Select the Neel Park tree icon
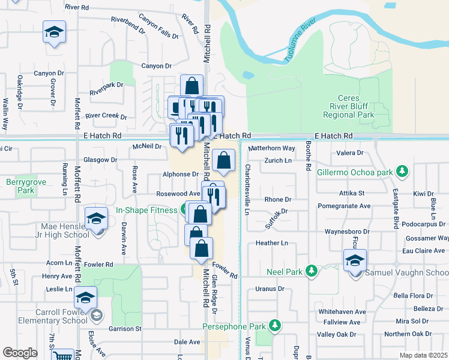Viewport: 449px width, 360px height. [x=311, y=271]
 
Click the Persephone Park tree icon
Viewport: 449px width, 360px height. [x=275, y=326]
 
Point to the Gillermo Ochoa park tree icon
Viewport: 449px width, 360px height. [x=403, y=172]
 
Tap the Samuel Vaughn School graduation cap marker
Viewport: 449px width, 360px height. [x=355, y=260]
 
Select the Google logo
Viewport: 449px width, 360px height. [x=20, y=352]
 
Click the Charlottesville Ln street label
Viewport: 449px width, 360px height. [x=247, y=188]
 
